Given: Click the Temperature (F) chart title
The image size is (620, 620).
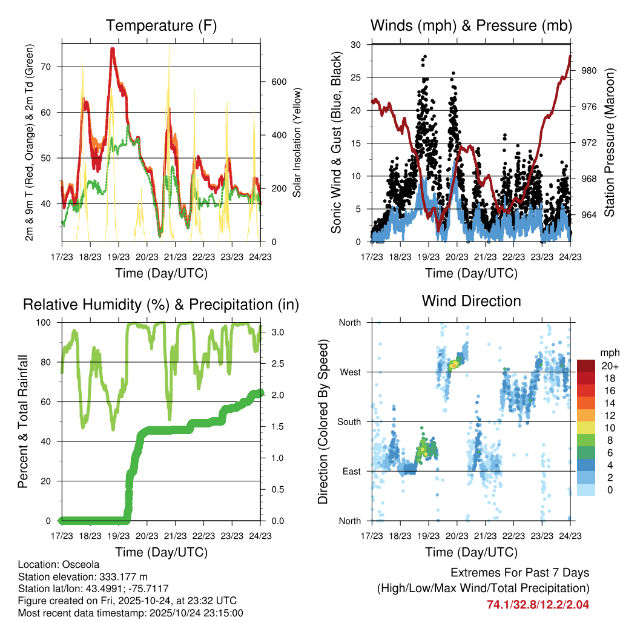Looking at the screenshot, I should (x=161, y=26).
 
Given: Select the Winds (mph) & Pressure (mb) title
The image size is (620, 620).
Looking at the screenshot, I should (x=472, y=26).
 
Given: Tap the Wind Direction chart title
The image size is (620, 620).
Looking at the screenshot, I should (x=472, y=301).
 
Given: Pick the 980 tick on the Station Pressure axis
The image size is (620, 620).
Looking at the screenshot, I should (x=589, y=71).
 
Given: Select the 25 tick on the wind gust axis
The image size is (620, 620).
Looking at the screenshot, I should (x=357, y=77).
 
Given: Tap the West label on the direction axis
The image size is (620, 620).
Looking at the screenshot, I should (x=350, y=372).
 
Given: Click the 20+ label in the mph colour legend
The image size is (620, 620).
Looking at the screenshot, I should (x=608, y=366).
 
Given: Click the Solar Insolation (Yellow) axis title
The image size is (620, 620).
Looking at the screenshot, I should (x=297, y=142).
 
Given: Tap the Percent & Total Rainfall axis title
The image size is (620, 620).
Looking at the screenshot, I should (x=22, y=421).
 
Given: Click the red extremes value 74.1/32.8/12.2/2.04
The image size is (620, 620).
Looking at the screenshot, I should (x=538, y=604).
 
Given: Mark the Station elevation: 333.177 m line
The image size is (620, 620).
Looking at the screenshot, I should (x=83, y=576).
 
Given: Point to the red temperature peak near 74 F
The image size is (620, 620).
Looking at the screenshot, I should (x=113, y=50).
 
